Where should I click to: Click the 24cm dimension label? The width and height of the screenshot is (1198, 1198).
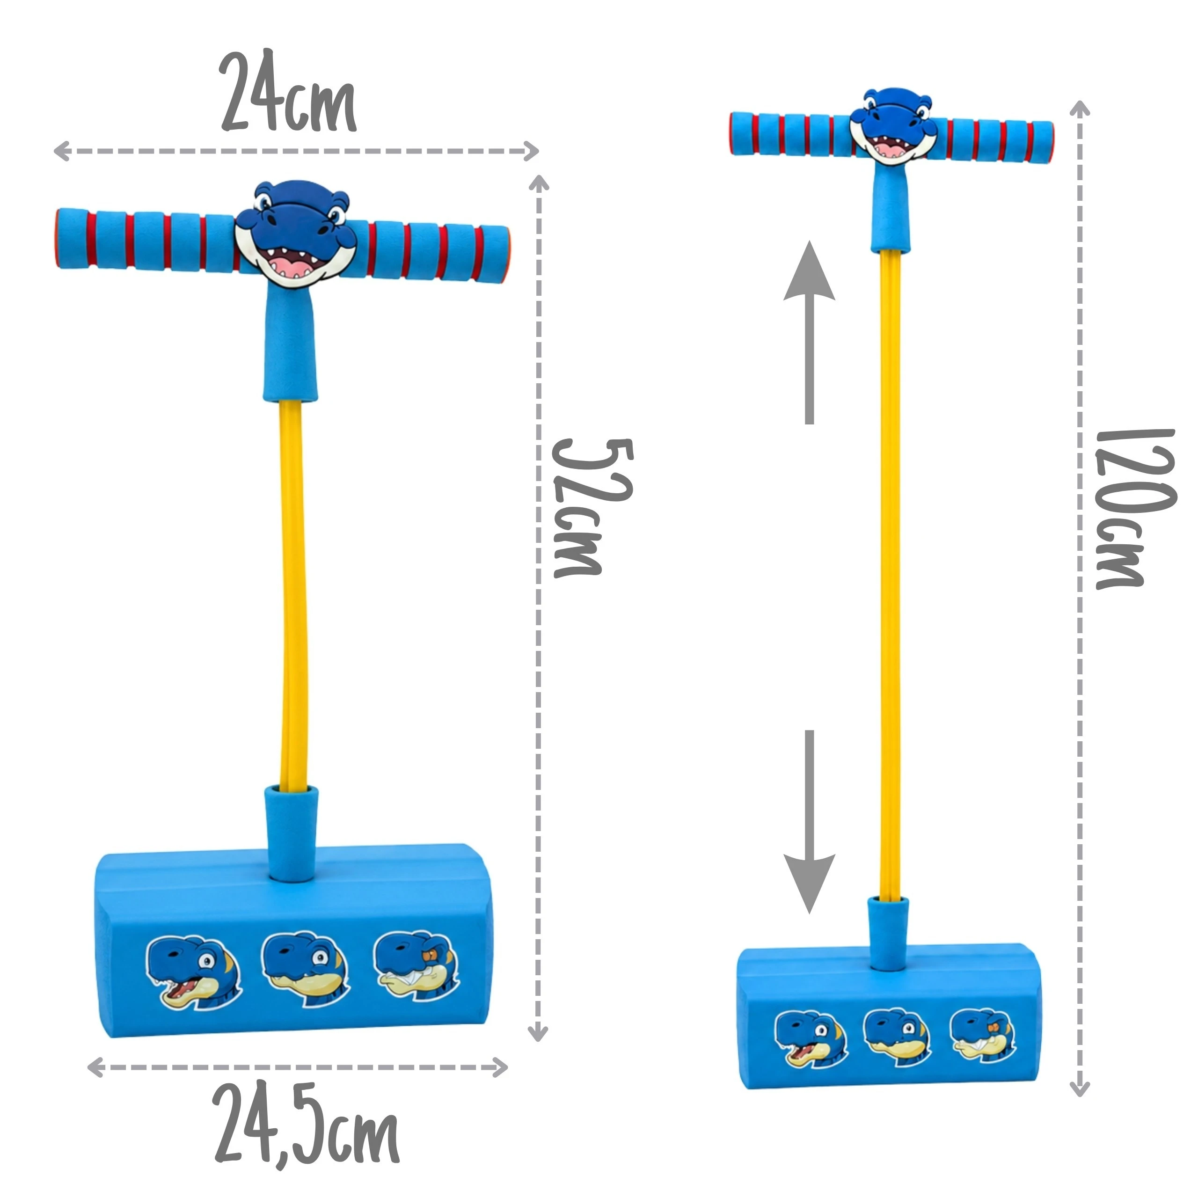(288, 92)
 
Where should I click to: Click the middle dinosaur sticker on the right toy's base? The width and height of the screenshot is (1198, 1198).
(897, 1038)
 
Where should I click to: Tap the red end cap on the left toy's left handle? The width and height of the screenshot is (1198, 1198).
(59, 239)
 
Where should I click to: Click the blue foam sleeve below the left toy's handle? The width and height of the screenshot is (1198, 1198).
(290, 344)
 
